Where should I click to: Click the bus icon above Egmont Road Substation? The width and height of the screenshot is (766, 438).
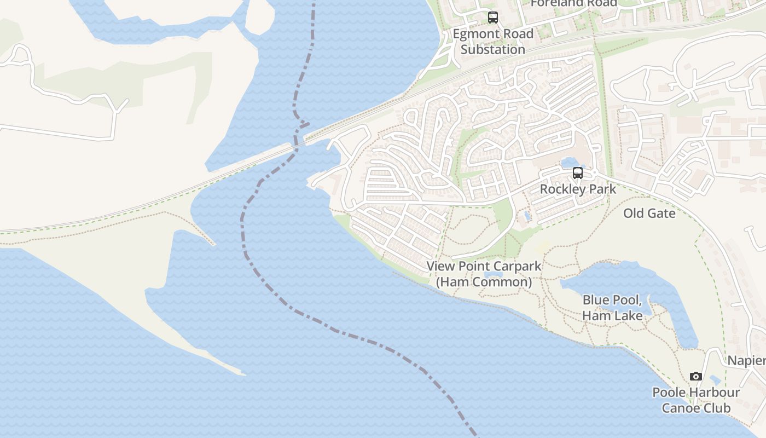pos(493,18)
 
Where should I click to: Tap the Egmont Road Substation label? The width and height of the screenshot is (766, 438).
pos(493,42)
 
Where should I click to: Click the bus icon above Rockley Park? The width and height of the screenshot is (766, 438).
pos(578,173)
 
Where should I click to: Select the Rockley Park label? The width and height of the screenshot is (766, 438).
pos(578,189)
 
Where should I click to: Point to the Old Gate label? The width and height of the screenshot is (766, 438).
pos(649,213)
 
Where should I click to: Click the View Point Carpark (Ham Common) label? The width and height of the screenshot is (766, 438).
pos(484,274)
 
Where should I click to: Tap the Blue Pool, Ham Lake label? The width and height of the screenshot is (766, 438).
pos(612,308)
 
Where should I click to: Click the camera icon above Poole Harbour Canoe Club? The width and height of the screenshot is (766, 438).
pos(696,376)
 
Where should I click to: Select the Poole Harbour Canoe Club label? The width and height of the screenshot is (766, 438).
pos(696,400)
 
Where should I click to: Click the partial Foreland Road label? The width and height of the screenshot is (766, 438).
pos(573,3)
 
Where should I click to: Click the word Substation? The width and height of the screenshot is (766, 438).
pos(493,49)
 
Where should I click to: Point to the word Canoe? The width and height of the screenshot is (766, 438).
pos(681,408)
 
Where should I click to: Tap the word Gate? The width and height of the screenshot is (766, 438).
pos(662,213)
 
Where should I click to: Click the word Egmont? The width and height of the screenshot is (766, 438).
pos(474,34)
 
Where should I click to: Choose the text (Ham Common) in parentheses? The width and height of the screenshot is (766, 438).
pos(484,283)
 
